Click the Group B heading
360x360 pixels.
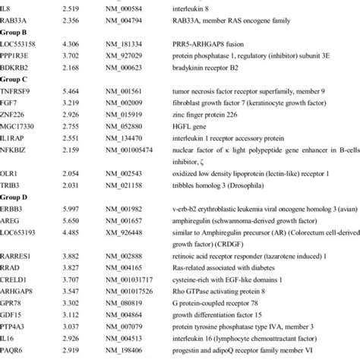tap(16, 34)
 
